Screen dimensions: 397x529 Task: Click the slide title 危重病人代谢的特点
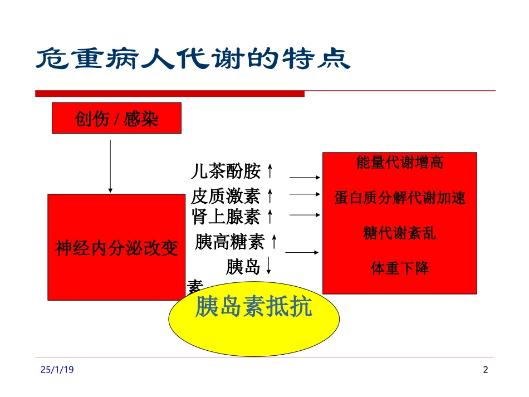coord(193,58)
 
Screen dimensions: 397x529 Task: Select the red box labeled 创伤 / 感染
coord(116,118)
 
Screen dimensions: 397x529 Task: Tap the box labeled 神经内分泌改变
coord(116,247)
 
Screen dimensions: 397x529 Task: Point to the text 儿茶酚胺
coord(225,171)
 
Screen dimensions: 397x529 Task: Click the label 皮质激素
coord(225,195)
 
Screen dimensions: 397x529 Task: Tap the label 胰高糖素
coord(229,242)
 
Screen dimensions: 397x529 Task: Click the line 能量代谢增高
coord(400,163)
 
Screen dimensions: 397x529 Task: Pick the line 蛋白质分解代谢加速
coord(400,198)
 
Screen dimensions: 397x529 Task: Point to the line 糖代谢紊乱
coord(400,233)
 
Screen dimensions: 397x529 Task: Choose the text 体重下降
coord(400,268)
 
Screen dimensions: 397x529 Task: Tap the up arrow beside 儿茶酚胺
coord(270,170)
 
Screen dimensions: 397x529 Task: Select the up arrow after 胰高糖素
coord(273,242)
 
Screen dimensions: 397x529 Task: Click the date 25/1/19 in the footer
coord(57,370)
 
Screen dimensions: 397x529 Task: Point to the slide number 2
coord(485,370)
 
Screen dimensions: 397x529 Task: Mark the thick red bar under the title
coord(170,94)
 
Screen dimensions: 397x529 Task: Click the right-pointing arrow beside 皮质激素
coord(305,195)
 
